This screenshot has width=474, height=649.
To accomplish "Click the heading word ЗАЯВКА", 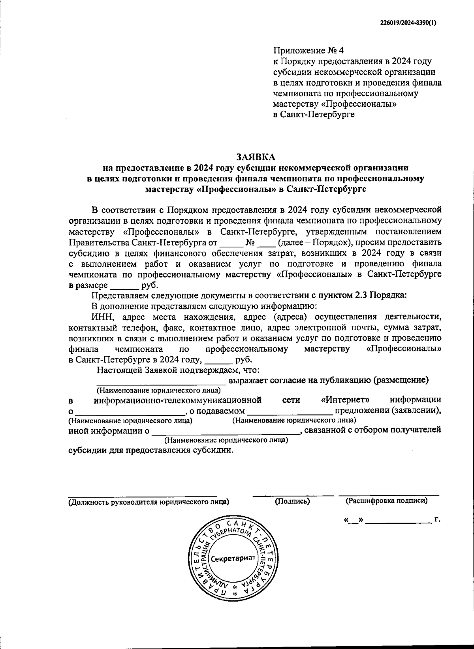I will [256, 157].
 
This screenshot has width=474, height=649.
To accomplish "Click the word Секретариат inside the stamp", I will [233, 559].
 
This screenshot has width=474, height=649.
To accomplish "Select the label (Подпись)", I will [292, 501].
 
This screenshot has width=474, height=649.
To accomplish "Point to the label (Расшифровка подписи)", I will [386, 501].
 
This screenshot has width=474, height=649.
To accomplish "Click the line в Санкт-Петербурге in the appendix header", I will [314, 115].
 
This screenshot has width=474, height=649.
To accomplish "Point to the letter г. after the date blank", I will [437, 519].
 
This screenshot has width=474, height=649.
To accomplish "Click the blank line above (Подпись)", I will [293, 494].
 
